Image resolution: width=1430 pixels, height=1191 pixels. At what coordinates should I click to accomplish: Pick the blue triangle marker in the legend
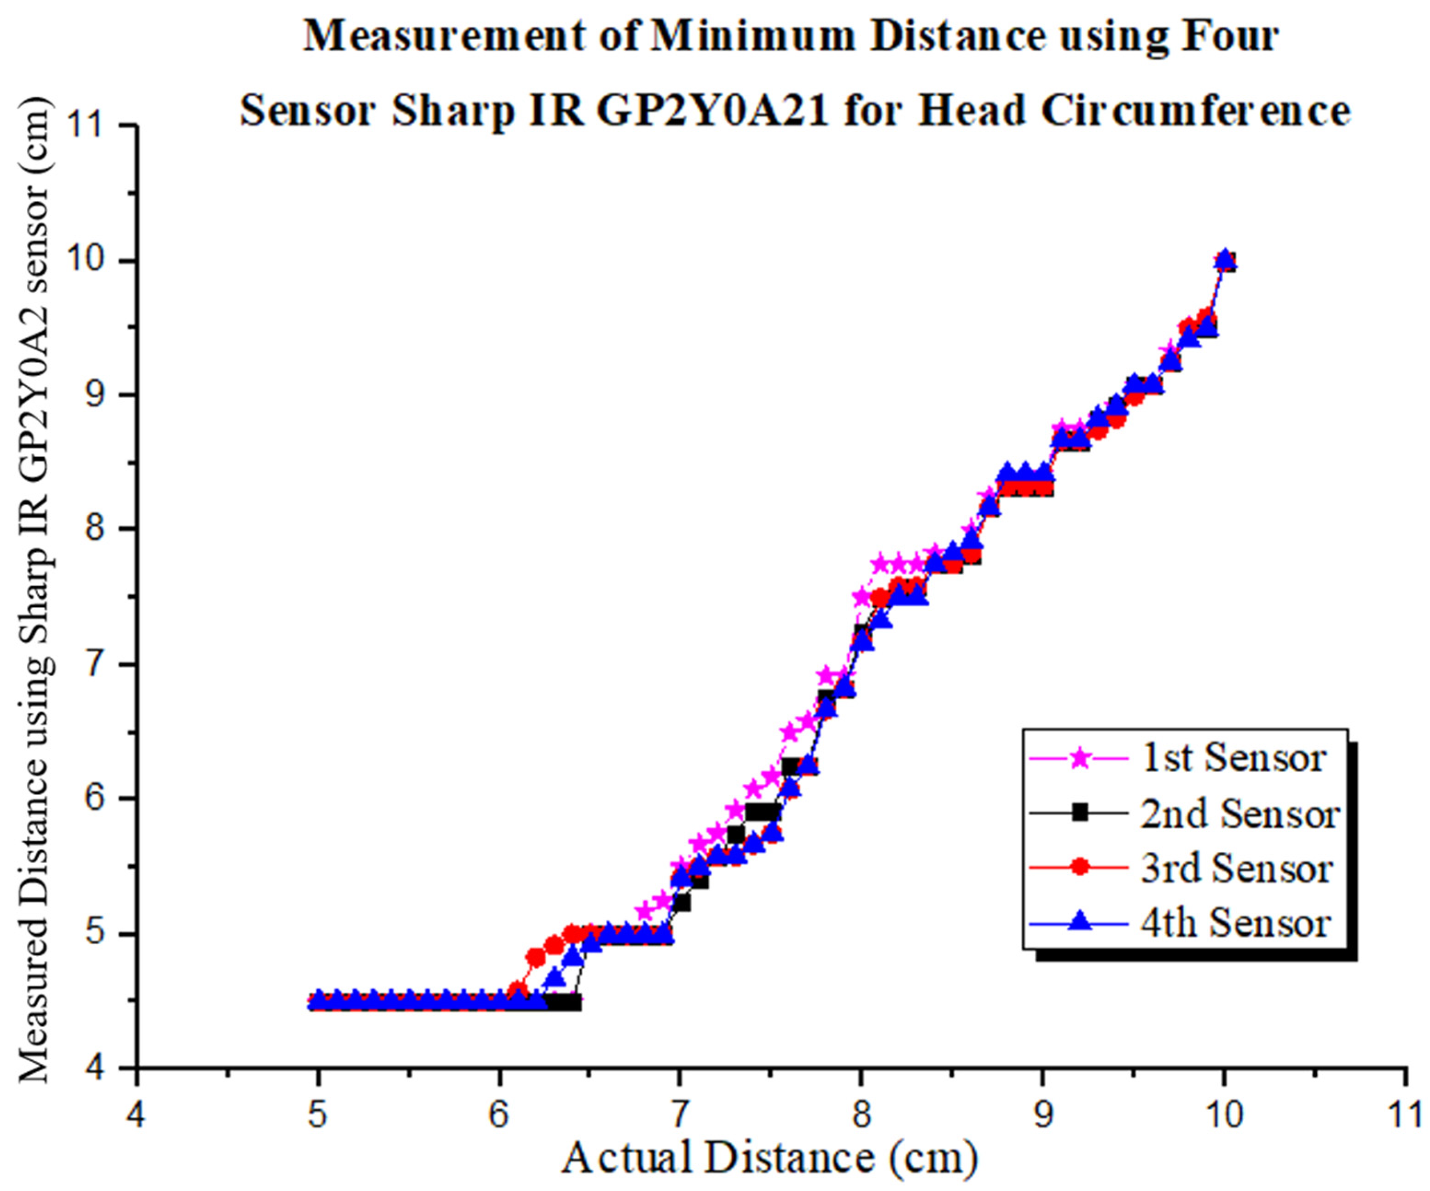(1079, 923)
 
